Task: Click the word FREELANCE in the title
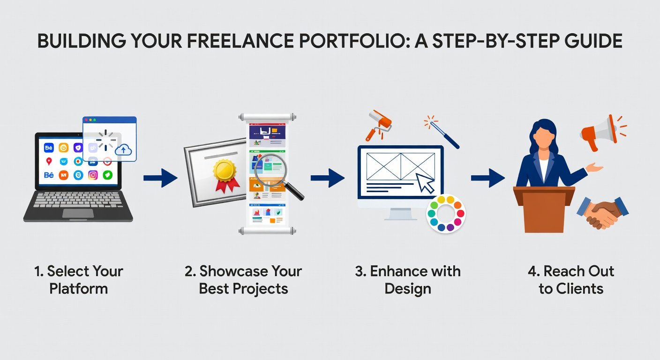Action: point(240,41)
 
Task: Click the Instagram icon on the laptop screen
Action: point(93,175)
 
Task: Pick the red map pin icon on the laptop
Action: point(49,161)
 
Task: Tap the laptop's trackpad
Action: point(78,213)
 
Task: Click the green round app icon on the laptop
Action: point(107,175)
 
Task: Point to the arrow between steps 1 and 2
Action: point(161,178)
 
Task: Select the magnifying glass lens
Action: point(270,170)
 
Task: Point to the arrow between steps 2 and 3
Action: point(328,178)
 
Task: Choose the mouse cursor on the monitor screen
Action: point(425,183)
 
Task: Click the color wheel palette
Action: point(446,214)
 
